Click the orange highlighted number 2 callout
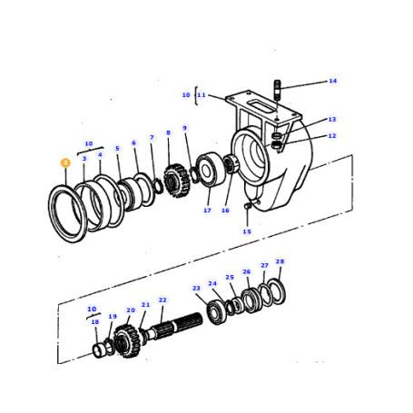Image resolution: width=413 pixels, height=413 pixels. pos(65,162)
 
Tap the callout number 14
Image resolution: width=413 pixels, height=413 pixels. pos(333,81)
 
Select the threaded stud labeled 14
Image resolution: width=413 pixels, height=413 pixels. pos(277,90)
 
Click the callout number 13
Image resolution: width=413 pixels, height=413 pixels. pos(332,119)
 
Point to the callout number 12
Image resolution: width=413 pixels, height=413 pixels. pos(332,136)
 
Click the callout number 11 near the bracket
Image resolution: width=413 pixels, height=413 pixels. pos(202,95)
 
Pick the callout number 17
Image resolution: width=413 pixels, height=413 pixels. pos(207,211)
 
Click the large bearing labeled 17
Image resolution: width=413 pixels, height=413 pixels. pos(211,170)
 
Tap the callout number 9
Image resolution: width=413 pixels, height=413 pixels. pos(185,128)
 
